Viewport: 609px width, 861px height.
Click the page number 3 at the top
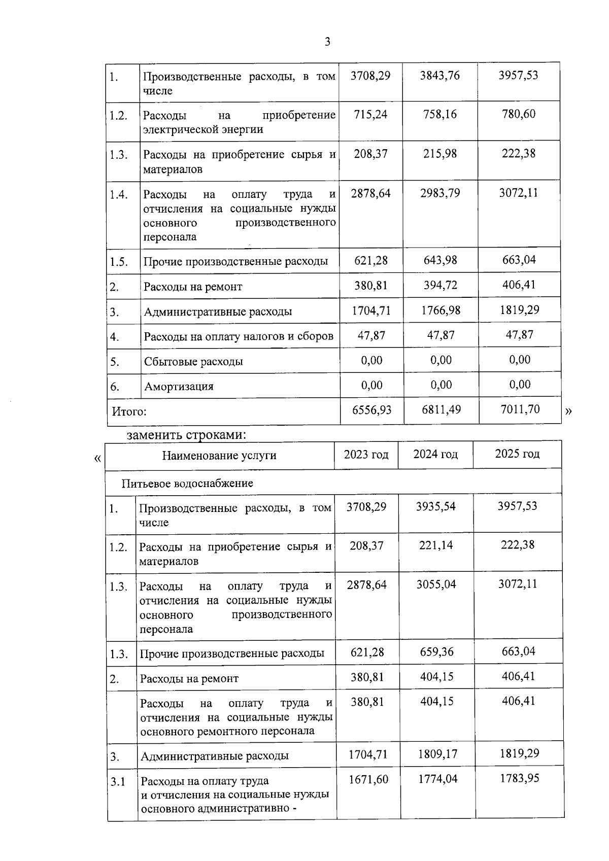point(327,42)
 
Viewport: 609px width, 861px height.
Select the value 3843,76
point(439,76)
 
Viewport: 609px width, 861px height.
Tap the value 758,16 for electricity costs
point(439,115)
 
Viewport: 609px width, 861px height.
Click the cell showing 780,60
point(519,114)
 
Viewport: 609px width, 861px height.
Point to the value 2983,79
point(439,193)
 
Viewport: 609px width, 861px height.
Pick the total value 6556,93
point(371,410)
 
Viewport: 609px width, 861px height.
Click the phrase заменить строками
point(186,435)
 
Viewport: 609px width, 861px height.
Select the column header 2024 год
point(435,454)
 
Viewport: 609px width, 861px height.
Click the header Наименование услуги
point(219,456)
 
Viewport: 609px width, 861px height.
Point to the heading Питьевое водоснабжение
point(187,483)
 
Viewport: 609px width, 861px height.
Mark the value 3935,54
point(435,506)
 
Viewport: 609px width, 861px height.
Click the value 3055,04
point(436,584)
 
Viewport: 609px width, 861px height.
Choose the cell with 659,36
point(436,652)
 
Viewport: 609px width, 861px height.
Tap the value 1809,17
point(437,754)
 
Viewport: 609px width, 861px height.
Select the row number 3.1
point(118,782)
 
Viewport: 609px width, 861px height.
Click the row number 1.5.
point(118,262)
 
